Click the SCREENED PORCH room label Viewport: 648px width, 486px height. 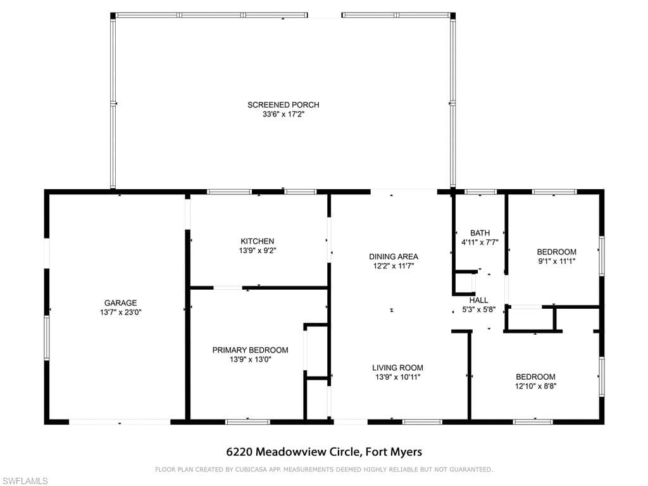click(x=283, y=105)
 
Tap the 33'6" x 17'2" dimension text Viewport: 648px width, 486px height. click(x=283, y=115)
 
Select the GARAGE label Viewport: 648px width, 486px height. click(x=120, y=303)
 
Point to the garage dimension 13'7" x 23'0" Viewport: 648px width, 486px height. click(x=120, y=313)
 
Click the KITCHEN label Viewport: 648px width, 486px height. click(x=257, y=241)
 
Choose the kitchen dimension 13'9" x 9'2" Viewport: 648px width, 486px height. click(x=257, y=251)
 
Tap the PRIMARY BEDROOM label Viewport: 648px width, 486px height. click(x=250, y=351)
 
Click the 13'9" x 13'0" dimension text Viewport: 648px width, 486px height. click(x=250, y=359)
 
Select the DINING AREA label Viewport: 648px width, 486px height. click(x=394, y=257)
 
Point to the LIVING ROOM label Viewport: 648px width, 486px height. click(x=397, y=368)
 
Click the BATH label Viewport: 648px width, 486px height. click(x=480, y=233)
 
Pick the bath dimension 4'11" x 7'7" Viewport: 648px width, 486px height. click(x=480, y=242)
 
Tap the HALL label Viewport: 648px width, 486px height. click(x=478, y=301)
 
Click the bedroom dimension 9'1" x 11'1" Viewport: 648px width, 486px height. click(x=556, y=261)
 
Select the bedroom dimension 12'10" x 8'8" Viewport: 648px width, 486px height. click(x=535, y=387)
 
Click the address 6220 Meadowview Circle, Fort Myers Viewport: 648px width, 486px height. click(x=324, y=452)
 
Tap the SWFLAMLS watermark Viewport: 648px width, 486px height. click(x=24, y=481)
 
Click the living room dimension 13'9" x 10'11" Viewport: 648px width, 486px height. click(x=397, y=377)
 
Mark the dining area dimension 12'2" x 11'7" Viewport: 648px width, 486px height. click(x=394, y=266)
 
